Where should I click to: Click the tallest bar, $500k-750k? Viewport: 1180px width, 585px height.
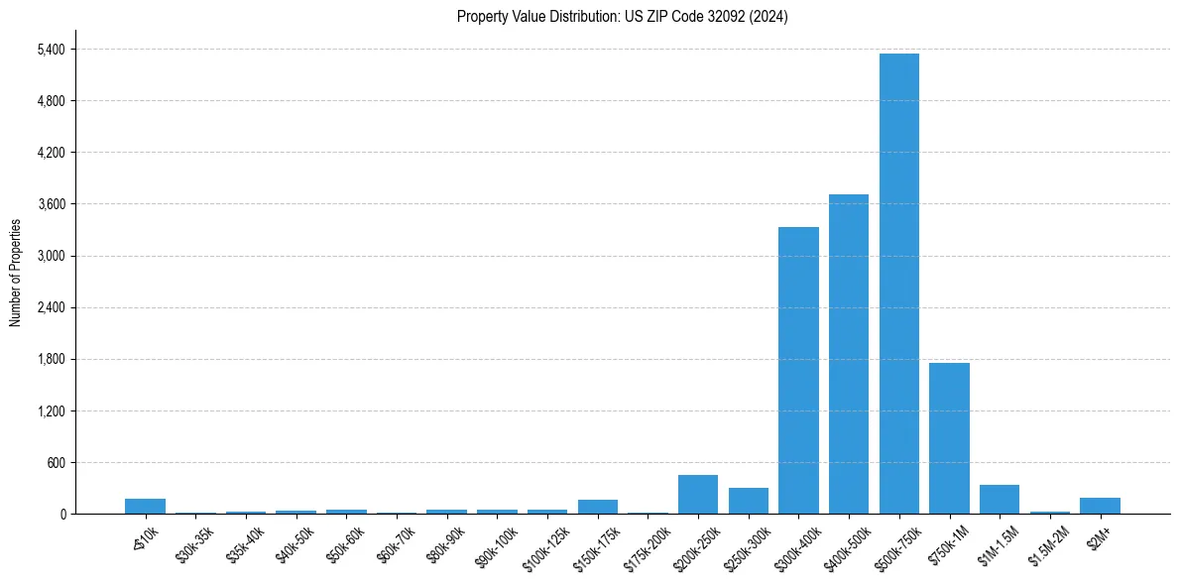(899, 284)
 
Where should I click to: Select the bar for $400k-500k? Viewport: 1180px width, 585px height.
(849, 354)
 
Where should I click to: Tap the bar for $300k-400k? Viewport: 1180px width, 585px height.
(798, 370)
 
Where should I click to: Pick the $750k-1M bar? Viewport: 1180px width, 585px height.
(949, 438)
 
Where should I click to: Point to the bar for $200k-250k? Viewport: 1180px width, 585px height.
(698, 494)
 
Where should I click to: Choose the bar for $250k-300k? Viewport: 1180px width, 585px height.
(749, 501)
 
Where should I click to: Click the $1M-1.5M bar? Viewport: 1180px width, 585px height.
(1000, 499)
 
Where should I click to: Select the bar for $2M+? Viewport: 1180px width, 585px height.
(1100, 506)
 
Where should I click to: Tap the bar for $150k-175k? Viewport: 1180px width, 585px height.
(598, 507)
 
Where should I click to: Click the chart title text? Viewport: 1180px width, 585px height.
(623, 17)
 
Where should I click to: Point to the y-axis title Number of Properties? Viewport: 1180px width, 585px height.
(16, 272)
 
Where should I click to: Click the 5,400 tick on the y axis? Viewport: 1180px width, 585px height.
(49, 50)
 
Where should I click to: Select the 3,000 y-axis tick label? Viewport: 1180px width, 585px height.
(49, 256)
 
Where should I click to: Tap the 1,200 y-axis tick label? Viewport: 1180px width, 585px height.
(49, 410)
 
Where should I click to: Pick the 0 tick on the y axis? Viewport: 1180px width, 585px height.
(61, 514)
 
